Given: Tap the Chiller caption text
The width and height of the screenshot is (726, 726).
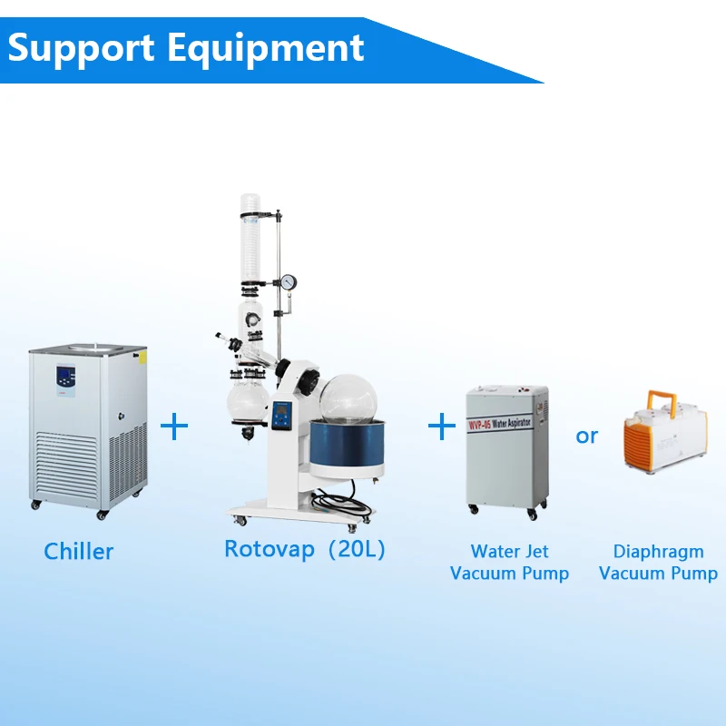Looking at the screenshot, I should coord(79,551).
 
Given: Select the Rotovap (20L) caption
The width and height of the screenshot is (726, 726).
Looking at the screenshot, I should coord(305,548).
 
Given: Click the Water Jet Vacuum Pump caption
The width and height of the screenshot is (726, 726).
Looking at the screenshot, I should coord(509,562).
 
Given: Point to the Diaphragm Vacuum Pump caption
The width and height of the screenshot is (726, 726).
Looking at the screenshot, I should coord(658,562).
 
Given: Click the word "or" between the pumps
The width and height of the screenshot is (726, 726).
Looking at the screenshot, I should coord(587,436).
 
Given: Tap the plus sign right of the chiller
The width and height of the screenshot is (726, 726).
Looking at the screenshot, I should coord(174,426).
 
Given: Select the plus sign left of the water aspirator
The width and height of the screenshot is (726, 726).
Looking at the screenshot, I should coord(442,426).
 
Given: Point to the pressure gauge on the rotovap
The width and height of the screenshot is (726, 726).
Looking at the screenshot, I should coord(289,282).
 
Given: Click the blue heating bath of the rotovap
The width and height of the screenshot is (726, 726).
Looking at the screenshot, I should coord(342,451).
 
